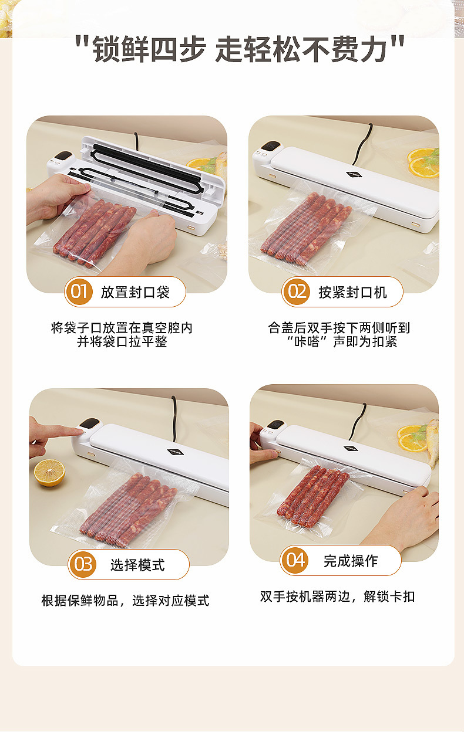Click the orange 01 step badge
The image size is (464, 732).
click(79, 292)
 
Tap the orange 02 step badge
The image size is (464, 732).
click(297, 292)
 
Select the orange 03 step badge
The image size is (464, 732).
click(82, 564)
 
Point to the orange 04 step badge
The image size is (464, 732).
click(294, 561)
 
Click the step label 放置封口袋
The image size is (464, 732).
click(135, 292)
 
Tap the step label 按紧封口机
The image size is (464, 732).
click(353, 292)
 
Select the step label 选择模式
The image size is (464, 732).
click(137, 565)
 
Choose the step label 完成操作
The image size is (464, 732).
click(351, 561)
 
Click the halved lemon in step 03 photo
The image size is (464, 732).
click(49, 473)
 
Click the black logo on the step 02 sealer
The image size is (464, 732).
click(354, 175)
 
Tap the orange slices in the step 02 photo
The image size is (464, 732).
click(423, 163)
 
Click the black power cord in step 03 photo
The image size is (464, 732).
click(174, 413)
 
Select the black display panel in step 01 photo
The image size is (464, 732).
click(63, 155)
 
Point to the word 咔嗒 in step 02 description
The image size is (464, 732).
click(307, 342)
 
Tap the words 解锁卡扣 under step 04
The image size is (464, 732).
click(389, 597)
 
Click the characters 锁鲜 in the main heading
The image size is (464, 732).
click(121, 49)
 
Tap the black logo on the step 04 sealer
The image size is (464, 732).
click(351, 448)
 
